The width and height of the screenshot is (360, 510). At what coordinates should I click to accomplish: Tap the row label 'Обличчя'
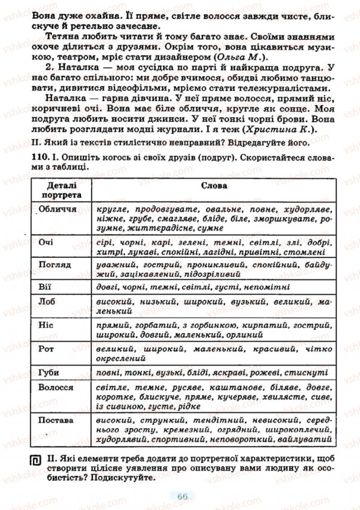pyautogui.click(x=57, y=209)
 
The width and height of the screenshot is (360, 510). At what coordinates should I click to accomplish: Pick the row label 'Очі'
pyautogui.click(x=46, y=242)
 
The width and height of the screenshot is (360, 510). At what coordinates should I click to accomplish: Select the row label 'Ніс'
pyautogui.click(x=45, y=325)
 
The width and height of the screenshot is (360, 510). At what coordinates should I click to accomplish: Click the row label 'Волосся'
pyautogui.click(x=56, y=387)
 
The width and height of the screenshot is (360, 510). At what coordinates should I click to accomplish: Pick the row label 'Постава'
pyautogui.click(x=56, y=420)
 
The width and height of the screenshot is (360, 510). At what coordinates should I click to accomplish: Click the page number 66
pyautogui.click(x=182, y=496)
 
